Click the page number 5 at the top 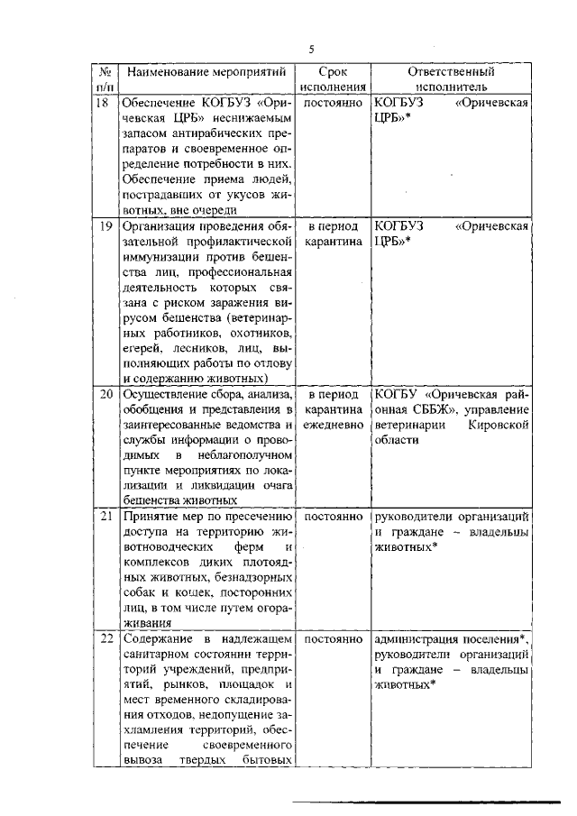coord(311,49)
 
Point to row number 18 coord(104,104)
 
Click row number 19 coord(104,225)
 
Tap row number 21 coord(105,516)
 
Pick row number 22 coord(105,638)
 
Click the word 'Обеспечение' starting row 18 coord(156,104)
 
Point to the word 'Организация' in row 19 coord(159,225)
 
